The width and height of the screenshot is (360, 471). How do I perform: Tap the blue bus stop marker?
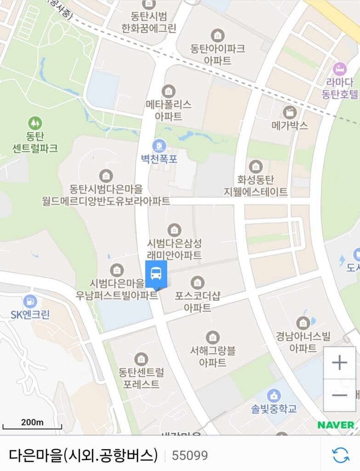click(156, 274)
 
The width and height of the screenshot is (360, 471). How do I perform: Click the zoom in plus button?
click(339, 363)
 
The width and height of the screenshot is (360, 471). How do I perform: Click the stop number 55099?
click(190, 455)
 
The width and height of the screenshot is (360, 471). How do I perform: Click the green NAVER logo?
click(336, 425)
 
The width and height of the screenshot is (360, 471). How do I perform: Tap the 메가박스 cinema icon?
click(290, 112)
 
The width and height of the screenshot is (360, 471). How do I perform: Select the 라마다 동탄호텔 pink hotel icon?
click(340, 69)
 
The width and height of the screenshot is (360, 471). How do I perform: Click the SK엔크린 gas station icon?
click(30, 302)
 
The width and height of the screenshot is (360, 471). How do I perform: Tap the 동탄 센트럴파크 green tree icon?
click(34, 123)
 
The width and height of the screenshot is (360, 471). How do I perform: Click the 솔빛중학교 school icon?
click(274, 395)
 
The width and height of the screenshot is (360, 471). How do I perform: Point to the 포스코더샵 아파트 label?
click(198, 301)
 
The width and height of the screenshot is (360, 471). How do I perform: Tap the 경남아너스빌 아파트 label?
click(303, 342)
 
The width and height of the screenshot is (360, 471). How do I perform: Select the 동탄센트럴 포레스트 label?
click(141, 378)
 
